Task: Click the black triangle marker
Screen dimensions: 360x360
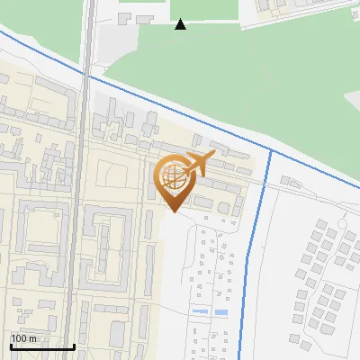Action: pos(181,23)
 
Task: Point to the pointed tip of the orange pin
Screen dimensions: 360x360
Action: pos(172,211)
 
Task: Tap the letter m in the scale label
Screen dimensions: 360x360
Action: pos(33,338)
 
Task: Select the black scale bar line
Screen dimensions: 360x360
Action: pos(42,346)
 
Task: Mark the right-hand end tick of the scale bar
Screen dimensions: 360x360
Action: pos(74,345)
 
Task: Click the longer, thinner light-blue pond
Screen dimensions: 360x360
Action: pos(200,311)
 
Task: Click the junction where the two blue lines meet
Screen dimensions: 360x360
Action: pos(271,149)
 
